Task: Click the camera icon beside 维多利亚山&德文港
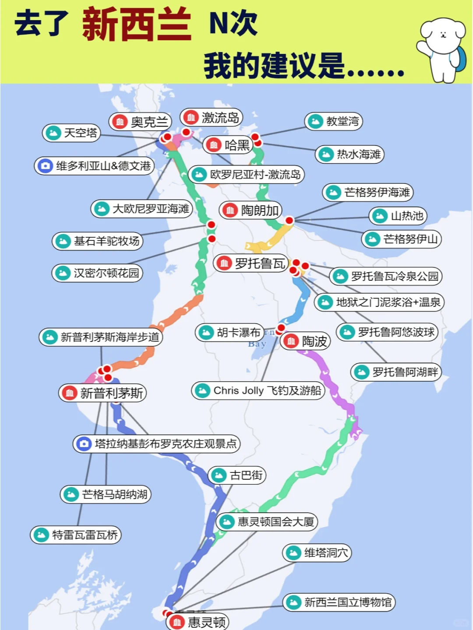45,166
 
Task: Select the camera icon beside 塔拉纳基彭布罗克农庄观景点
84,444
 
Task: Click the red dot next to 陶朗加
289,220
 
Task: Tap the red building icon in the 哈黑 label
214,145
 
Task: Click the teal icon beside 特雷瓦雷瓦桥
41,535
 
